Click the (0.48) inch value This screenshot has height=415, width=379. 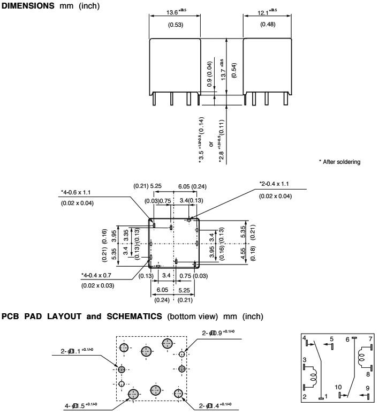pos(267,25)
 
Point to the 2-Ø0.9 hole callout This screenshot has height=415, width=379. pos(218,333)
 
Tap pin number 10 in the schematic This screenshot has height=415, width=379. pos(338,386)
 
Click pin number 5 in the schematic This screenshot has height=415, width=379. pos(331,338)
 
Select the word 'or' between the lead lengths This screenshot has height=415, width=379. pos(211,144)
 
